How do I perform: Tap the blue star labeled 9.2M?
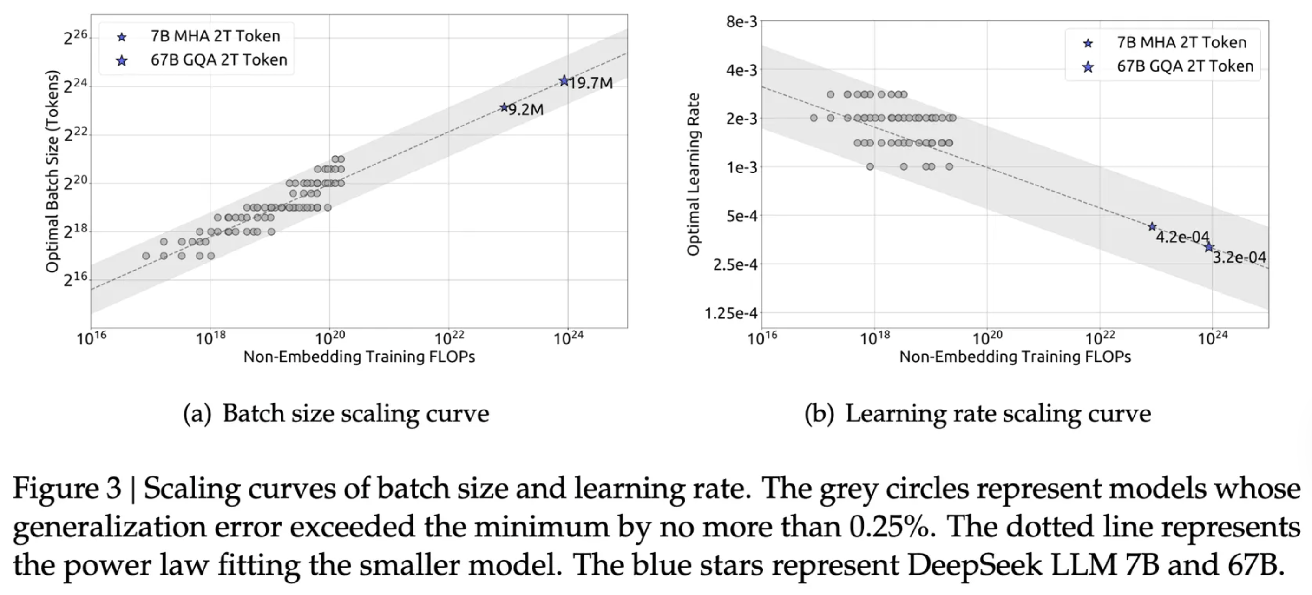pos(504,107)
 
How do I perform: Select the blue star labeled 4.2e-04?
pos(1152,227)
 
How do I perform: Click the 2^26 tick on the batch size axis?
pos(75,37)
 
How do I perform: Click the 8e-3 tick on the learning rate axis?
pos(741,22)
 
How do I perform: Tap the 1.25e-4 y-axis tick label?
pos(731,313)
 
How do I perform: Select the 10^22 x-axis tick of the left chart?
pos(449,338)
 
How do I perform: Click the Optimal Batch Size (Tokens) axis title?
pos(52,171)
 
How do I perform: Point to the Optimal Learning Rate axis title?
pos(693,174)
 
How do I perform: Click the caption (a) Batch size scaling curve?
pos(336,413)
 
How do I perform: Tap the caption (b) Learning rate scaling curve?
pos(977,413)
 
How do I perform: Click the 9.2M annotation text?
pos(526,110)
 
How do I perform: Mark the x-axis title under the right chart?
pos(1015,357)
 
